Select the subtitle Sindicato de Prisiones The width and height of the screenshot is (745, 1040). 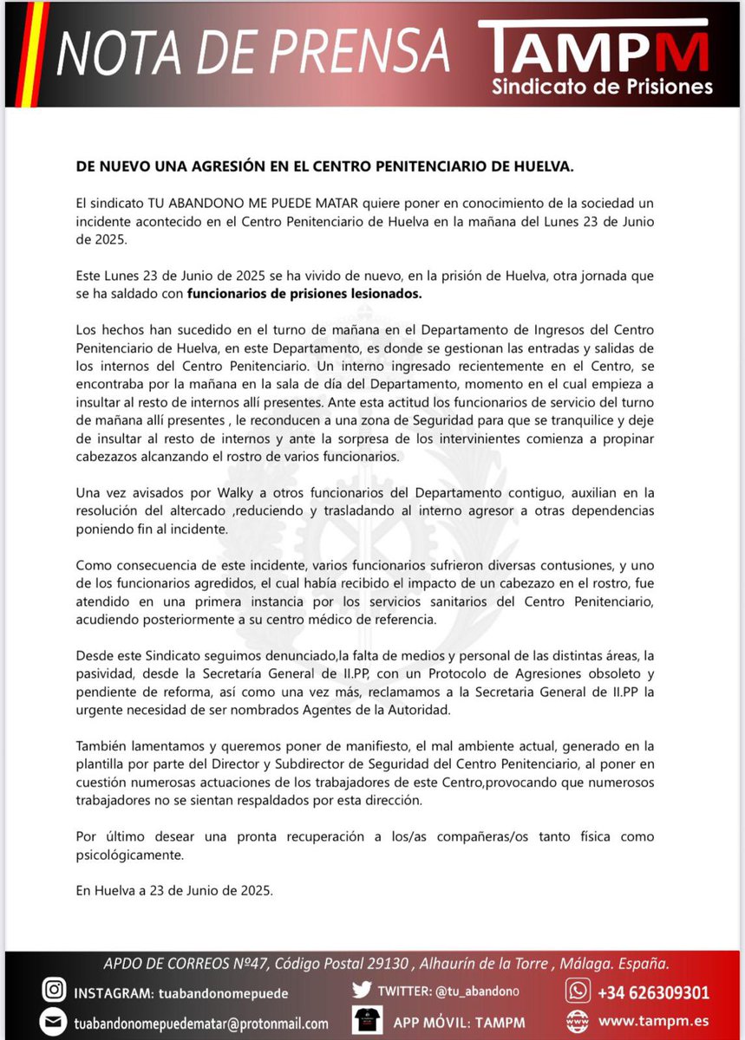(602, 87)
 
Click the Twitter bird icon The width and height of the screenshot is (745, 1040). (363, 990)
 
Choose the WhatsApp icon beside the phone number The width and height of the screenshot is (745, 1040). (577, 991)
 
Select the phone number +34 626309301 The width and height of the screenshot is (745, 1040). (653, 992)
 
